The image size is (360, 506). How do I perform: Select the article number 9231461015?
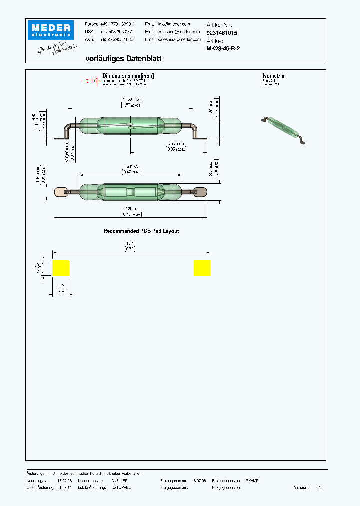222,33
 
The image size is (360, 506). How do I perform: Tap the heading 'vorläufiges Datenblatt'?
123,59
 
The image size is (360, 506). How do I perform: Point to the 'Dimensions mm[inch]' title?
128,76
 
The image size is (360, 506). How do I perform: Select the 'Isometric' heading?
273,76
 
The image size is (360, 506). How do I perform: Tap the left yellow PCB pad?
61,268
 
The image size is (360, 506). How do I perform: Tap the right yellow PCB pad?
202,268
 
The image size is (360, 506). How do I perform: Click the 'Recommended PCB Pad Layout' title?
141,231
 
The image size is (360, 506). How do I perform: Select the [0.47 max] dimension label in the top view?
131,172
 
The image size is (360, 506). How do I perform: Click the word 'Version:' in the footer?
301,487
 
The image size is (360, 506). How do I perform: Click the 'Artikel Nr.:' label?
219,24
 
